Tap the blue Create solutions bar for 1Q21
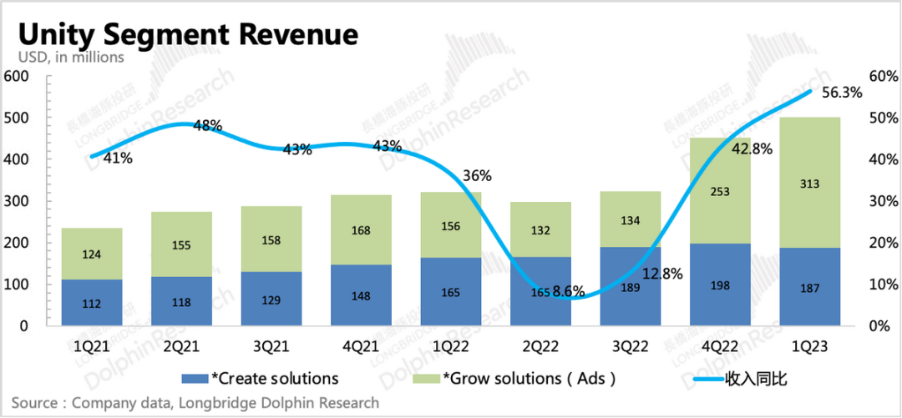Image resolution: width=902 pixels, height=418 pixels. coord(92,302)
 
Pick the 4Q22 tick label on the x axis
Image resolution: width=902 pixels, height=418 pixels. coord(720,345)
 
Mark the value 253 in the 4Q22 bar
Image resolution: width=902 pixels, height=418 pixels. coord(719,191)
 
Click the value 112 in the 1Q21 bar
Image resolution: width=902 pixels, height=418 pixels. coord(92,303)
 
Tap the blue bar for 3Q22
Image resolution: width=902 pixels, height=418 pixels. coord(630,286)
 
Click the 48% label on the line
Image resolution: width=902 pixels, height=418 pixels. coord(208,126)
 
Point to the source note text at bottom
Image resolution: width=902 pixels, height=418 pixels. coord(195,403)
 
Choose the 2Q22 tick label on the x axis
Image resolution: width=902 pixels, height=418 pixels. coord(540,345)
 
